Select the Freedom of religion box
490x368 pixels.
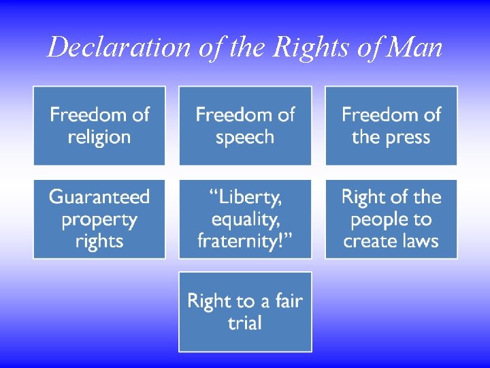pos(99,125)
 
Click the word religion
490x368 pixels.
pos(99,138)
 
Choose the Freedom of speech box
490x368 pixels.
pos(245,125)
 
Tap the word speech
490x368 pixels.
pos(245,138)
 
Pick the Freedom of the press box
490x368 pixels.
pos(391,125)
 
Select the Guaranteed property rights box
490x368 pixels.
pos(99,219)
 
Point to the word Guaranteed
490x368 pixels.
pos(99,198)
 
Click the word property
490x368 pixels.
pos(99,220)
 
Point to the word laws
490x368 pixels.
pos(421,241)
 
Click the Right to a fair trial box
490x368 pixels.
pos(245,311)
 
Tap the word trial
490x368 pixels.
pos(245,323)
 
